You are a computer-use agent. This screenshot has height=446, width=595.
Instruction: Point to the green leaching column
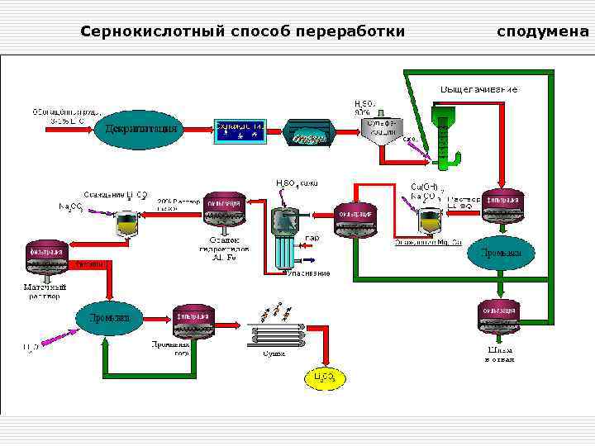click(445, 132)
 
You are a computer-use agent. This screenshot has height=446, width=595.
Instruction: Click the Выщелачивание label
click(478, 88)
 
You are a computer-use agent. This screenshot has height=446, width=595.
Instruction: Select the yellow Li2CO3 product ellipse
click(324, 377)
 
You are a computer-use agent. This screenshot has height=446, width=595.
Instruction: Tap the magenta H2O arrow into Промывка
click(58, 336)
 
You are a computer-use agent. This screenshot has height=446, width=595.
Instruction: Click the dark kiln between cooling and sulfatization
click(309, 133)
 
